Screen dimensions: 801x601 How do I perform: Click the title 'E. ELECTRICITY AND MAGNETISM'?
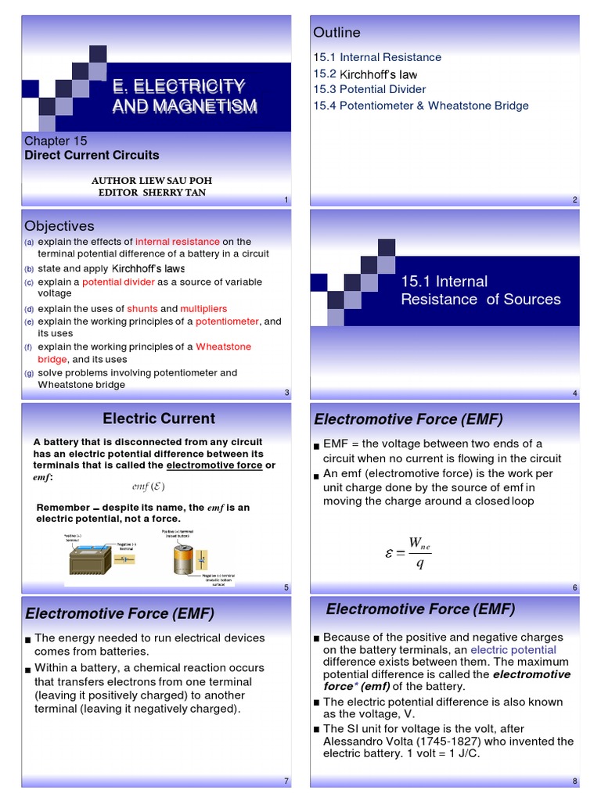click(185, 95)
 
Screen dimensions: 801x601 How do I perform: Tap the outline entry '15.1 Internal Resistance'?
click(377, 57)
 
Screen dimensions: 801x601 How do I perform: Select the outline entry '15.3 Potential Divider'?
click(369, 89)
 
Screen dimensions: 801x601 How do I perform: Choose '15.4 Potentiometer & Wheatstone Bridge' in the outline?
click(421, 106)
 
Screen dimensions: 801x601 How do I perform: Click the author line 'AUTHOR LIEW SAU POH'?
click(152, 180)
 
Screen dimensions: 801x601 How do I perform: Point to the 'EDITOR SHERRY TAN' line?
click(152, 192)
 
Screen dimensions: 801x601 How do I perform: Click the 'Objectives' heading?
click(59, 226)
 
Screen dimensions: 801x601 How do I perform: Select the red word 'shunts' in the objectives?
click(142, 309)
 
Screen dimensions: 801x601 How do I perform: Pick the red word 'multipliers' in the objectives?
click(204, 309)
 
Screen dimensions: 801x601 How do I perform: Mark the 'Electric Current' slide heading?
click(159, 418)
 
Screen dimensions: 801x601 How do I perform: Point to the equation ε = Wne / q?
click(408, 553)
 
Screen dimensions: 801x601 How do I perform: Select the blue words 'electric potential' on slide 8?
click(513, 650)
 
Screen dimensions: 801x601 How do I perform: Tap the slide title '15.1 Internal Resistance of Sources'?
click(480, 290)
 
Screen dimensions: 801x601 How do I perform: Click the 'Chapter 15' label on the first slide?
click(56, 141)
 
